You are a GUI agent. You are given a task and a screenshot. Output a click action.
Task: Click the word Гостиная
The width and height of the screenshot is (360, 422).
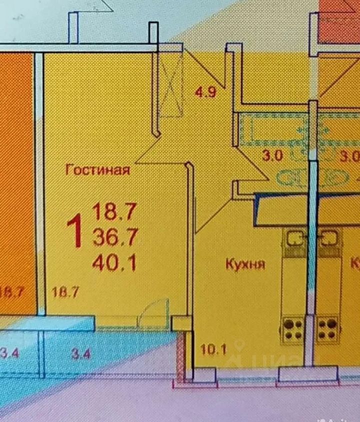click(97, 169)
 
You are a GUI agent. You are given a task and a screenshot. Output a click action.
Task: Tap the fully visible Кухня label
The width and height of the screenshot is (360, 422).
click(244, 264)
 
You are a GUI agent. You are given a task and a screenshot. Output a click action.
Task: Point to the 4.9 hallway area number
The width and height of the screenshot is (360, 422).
click(205, 92)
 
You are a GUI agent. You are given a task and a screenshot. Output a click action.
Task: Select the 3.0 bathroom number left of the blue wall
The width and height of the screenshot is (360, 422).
click(272, 155)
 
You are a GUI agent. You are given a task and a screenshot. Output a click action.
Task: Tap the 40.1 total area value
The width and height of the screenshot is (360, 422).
click(114, 262)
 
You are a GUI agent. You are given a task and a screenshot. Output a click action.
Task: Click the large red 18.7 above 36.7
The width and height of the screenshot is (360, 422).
click(114, 213)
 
